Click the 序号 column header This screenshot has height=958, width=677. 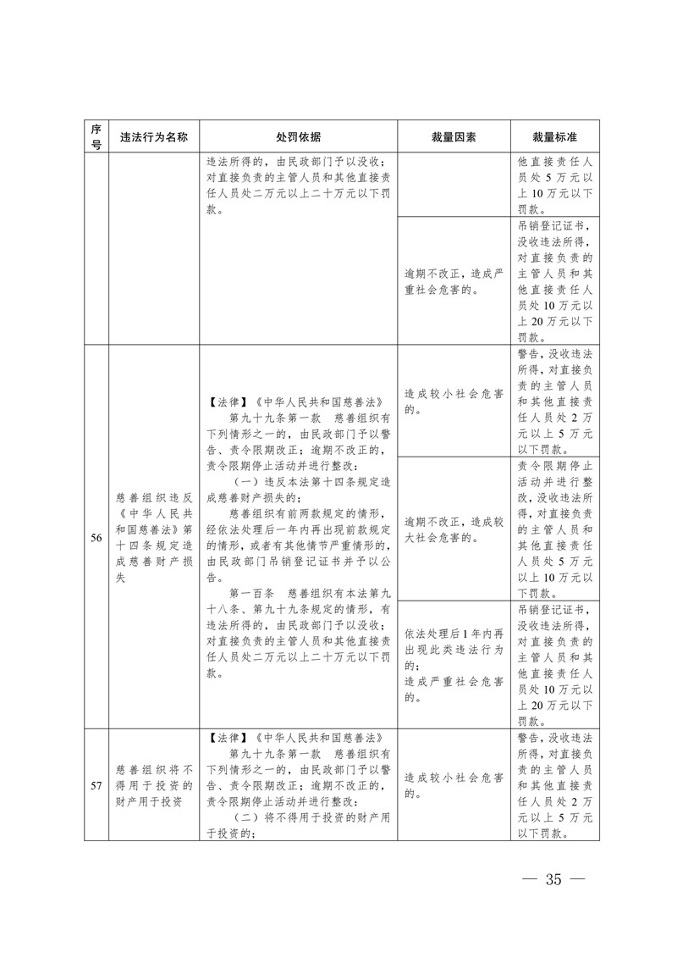[x=96, y=136]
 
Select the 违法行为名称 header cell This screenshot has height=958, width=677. [x=153, y=136]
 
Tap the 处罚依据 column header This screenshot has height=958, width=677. [x=298, y=136]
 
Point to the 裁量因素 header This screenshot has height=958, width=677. [x=454, y=136]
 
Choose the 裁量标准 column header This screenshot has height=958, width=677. [x=554, y=136]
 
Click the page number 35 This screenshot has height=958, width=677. [x=554, y=878]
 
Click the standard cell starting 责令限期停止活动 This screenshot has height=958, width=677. [x=554, y=529]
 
